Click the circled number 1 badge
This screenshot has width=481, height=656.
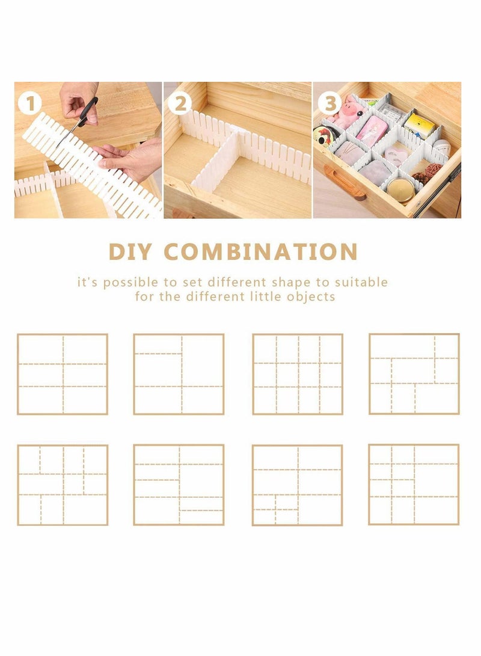(x=30, y=105)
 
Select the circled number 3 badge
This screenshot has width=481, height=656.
(x=329, y=104)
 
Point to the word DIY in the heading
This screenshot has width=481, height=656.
(x=130, y=251)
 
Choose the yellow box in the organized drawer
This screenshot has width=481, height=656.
(x=419, y=126)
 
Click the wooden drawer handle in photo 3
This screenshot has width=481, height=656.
(x=345, y=181)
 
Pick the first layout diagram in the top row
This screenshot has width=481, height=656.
(x=63, y=374)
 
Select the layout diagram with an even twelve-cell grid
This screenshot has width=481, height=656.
(x=298, y=374)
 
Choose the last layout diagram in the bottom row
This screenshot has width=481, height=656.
(x=414, y=484)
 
